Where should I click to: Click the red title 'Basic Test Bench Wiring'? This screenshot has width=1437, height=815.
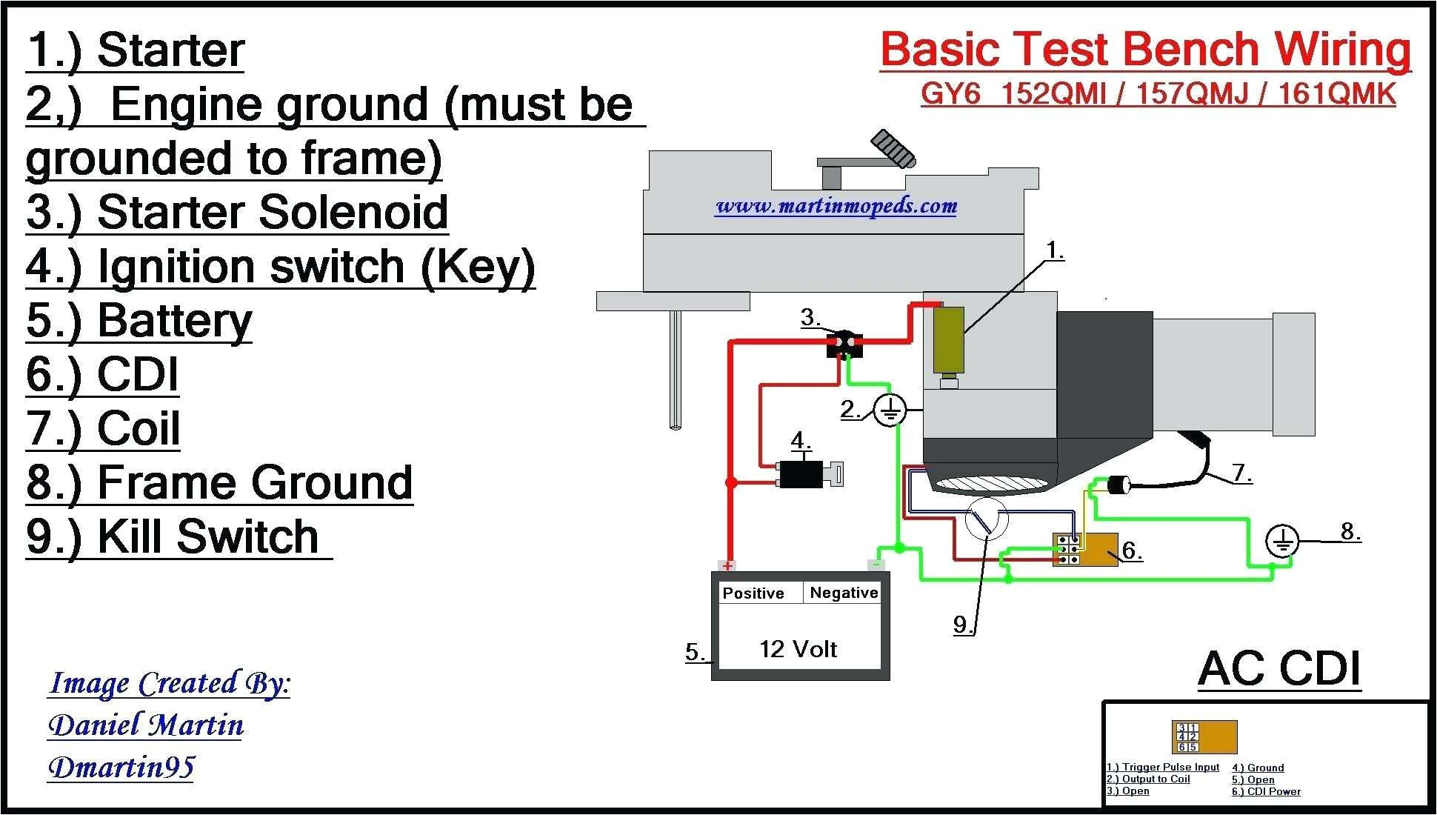point(1145,50)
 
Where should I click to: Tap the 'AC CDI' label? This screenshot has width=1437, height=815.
point(1279,668)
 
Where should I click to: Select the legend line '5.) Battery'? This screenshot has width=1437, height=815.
point(139,321)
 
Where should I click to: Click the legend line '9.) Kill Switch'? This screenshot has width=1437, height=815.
point(173,536)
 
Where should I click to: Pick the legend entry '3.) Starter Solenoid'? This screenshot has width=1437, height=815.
point(237,213)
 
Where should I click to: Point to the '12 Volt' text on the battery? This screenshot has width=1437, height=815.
point(798,649)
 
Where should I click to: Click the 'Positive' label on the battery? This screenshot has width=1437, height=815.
point(753,593)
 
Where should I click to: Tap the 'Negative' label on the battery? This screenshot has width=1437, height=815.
point(844,593)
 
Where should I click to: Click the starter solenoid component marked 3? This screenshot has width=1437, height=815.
point(844,344)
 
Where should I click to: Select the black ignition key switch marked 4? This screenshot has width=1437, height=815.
point(801,474)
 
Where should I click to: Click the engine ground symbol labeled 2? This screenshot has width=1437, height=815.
point(889,410)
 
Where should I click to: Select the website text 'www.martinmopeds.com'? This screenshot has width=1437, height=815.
point(836,206)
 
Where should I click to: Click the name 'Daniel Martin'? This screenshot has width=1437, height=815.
point(146,725)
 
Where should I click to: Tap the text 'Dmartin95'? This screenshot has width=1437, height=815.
point(121,768)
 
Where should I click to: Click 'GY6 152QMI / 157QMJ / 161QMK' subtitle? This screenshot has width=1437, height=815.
point(1158,95)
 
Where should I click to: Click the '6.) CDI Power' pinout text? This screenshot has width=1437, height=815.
point(1266,792)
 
